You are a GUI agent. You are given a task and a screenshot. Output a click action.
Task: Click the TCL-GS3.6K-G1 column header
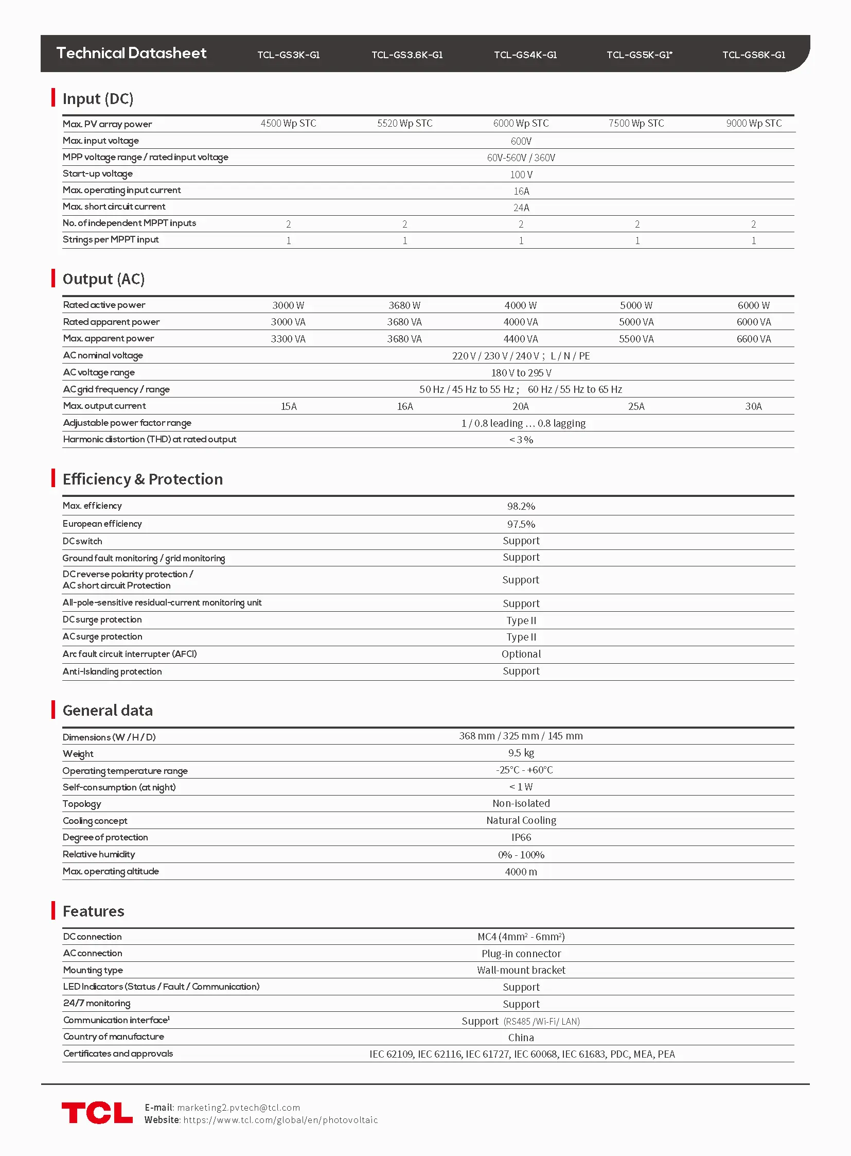[x=407, y=55]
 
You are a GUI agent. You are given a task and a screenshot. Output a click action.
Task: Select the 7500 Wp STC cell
[x=636, y=123]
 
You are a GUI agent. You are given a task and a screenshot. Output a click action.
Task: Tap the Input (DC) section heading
[x=98, y=98]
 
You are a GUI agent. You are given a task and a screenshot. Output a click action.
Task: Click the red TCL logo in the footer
[x=97, y=1113]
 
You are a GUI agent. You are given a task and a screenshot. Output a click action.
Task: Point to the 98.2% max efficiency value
[x=521, y=506]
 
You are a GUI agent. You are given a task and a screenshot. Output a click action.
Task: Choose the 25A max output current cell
[x=636, y=406]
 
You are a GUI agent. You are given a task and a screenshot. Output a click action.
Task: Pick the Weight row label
[x=78, y=754]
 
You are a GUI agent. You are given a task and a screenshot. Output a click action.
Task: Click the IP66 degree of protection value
[x=521, y=837]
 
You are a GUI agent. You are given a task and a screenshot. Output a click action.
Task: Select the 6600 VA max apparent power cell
[x=754, y=339]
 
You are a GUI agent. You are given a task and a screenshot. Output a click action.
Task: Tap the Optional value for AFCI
[x=521, y=654]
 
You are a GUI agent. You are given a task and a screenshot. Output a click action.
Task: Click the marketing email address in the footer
[x=239, y=1108]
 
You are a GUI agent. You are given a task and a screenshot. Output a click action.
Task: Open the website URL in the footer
[x=280, y=1120]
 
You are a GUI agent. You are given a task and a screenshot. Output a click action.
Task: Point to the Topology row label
[x=82, y=804]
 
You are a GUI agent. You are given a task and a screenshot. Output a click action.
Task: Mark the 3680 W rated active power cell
[x=404, y=305]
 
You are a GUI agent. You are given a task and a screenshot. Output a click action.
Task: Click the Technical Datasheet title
[x=131, y=53]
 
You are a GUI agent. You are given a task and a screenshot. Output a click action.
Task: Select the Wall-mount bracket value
[x=521, y=970]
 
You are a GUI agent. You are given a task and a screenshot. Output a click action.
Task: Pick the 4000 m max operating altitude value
[x=521, y=871]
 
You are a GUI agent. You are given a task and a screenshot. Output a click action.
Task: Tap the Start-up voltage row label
[x=98, y=174]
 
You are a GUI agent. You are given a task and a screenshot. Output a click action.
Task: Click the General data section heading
[x=108, y=711]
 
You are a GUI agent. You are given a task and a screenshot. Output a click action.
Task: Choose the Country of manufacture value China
[x=521, y=1038]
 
